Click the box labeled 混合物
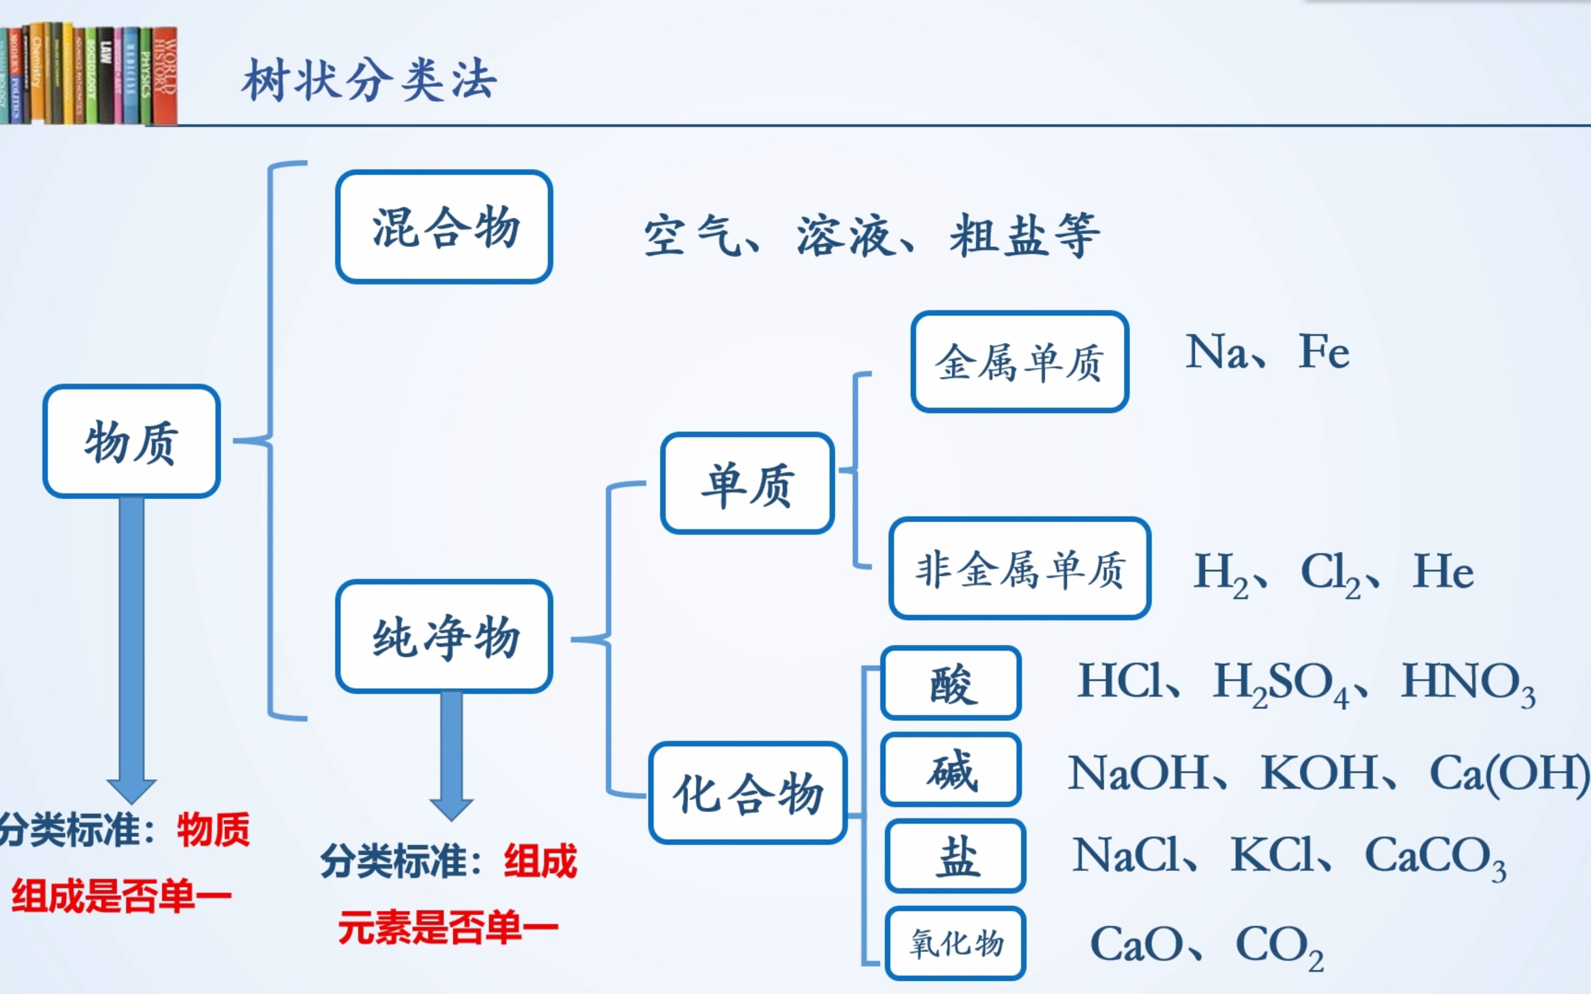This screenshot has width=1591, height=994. point(444,227)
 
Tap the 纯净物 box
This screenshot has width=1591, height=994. point(444,636)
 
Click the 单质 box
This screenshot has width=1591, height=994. point(748,483)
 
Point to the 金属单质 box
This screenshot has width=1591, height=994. point(1020,362)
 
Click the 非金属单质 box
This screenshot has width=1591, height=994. point(1020,569)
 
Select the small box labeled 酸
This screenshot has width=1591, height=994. point(951,683)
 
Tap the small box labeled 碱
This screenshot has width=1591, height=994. point(951,769)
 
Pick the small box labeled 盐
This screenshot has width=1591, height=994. point(955,856)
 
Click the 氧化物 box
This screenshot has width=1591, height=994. point(955,943)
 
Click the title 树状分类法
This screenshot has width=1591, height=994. point(369,80)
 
